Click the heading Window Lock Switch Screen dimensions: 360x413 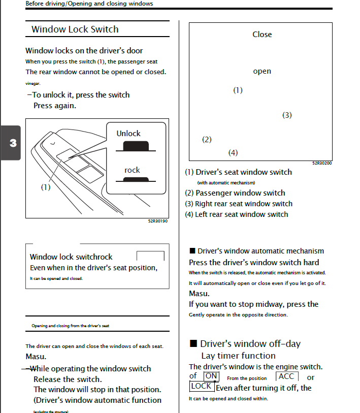pos(75,29)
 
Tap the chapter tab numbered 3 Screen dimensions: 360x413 pos(11,143)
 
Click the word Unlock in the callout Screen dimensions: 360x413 pos(128,134)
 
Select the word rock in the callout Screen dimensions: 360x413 pos(132,170)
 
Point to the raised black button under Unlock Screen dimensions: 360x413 pos(136,146)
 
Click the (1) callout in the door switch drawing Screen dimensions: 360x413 pos(46,187)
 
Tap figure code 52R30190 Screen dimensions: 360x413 pos(158,221)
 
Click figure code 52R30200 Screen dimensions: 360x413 pos(322,163)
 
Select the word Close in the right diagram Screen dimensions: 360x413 pos(262,35)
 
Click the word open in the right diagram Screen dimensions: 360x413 pos(262,72)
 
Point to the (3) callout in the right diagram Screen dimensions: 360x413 pos(287,115)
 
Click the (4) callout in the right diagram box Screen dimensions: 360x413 pos(233,153)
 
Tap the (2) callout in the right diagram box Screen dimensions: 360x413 pos(207,140)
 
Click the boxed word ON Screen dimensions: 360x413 pos(211,376)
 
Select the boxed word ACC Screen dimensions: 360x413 pos(286,376)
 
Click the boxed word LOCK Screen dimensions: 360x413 pos(202,387)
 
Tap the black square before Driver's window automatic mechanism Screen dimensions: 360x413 pos(192,251)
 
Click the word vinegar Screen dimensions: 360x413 pos(33,84)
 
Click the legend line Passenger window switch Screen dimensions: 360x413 pos(235,193)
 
